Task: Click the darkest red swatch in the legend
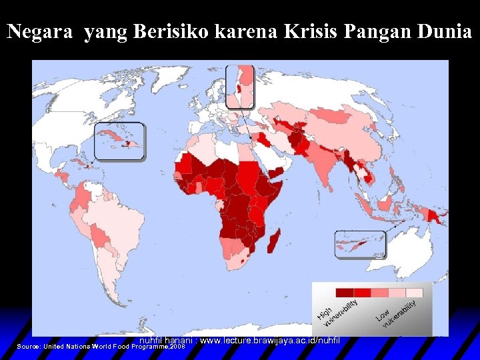tap(344, 292)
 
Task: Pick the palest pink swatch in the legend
tap(415, 292)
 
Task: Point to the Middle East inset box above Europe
tap(240, 86)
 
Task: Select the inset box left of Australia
tap(360, 244)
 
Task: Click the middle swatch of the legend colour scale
tap(379, 292)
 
